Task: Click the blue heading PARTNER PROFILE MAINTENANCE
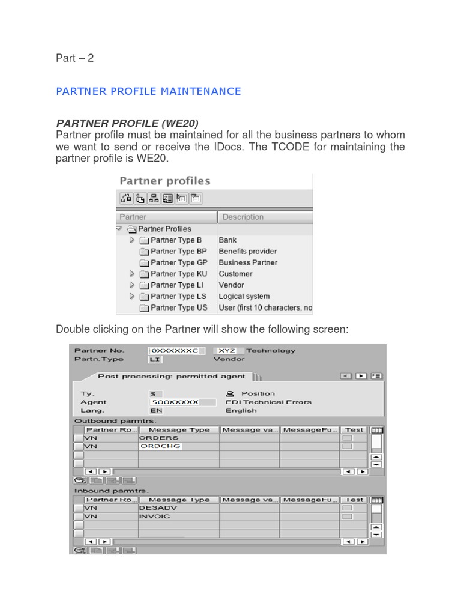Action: click(148, 91)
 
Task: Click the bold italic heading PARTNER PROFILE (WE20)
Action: click(127, 123)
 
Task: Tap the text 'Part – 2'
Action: click(75, 58)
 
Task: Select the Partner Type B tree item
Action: click(172, 240)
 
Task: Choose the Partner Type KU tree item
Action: click(178, 274)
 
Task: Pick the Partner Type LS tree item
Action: click(178, 297)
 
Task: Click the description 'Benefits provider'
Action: click(247, 252)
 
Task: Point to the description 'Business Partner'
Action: click(248, 262)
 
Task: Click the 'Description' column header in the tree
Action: click(243, 217)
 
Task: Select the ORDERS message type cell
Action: click(178, 438)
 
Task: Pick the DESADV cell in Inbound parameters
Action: click(178, 508)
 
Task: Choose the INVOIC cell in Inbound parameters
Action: click(178, 516)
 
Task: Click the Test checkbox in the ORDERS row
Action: click(347, 438)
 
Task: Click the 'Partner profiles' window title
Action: click(165, 181)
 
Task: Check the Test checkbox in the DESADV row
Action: click(347, 508)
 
